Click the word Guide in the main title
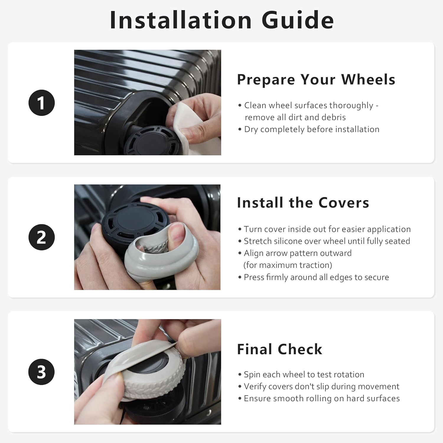pos(298,20)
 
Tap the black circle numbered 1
pos(42,103)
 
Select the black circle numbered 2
pos(42,237)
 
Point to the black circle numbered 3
pos(42,372)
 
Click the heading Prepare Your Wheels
pos(316,79)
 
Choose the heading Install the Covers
pos(303,203)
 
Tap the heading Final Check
pos(279,349)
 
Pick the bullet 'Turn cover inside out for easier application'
pos(324,229)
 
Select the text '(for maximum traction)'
pos(288,265)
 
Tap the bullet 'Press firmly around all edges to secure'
pos(313,277)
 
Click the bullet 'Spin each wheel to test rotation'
pos(301,374)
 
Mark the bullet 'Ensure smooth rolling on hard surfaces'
pos(319,398)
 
